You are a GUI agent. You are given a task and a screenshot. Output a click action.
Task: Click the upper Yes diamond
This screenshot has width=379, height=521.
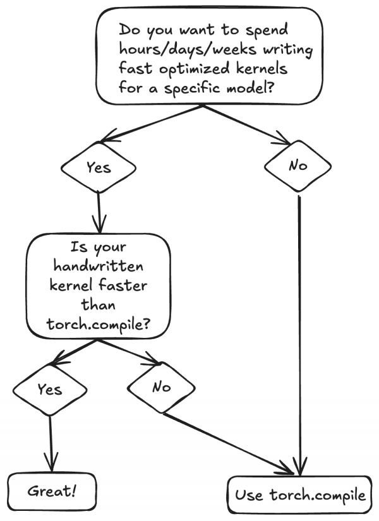99,167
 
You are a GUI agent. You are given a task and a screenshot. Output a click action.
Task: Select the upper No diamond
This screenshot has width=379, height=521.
298,166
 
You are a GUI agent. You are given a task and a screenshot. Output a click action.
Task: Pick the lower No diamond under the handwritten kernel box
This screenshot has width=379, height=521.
162,386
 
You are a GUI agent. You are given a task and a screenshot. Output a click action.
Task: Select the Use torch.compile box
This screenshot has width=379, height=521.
300,494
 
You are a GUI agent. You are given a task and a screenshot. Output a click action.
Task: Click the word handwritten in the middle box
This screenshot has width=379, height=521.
98,265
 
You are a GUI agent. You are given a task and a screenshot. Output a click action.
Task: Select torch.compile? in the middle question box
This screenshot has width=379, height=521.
99,324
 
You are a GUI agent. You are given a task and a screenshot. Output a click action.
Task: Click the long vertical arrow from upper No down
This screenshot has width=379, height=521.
298,328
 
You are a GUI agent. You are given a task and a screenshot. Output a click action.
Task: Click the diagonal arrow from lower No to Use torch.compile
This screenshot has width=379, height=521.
227,442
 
